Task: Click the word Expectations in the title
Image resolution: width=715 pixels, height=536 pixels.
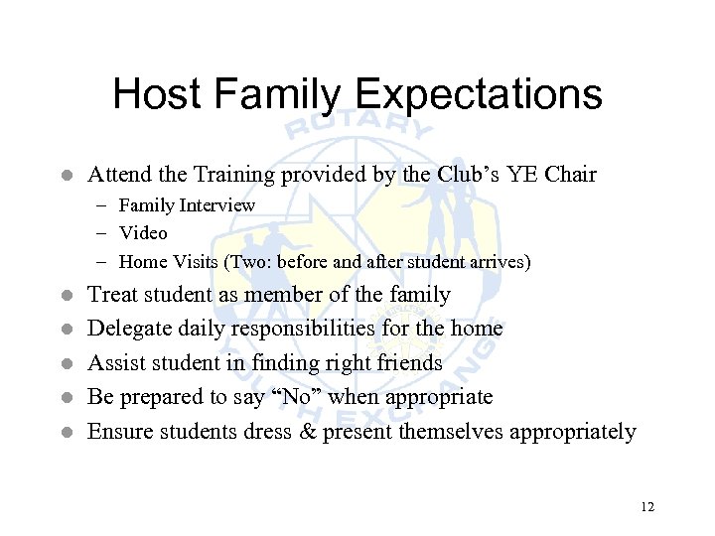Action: coord(478,95)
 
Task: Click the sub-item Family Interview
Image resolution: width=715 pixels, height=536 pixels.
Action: coord(187,205)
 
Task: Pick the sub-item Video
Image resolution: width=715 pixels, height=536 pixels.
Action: coord(143,233)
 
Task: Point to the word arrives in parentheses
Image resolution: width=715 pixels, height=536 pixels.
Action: coord(500,262)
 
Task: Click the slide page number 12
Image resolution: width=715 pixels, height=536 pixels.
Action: coord(647,507)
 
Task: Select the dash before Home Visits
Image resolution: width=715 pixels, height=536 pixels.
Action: coord(103,262)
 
